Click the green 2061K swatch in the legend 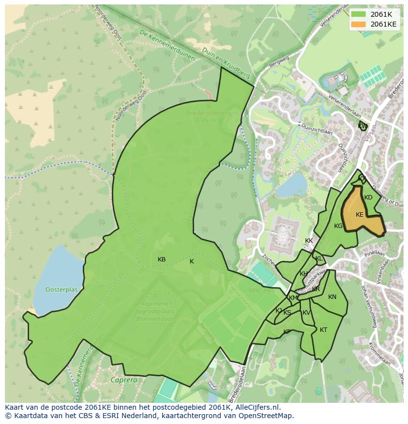(359, 14)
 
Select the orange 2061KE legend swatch (359, 24)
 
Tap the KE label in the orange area (359, 215)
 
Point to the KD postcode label (368, 197)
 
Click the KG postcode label (338, 226)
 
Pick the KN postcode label (332, 297)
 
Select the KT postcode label (323, 330)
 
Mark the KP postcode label (287, 332)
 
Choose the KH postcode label (304, 274)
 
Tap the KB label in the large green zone (162, 260)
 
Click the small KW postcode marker (363, 126)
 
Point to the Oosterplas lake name (62, 290)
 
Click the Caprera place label (124, 381)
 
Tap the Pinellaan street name (374, 254)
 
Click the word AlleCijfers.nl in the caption (256, 407)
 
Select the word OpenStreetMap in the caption (267, 416)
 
